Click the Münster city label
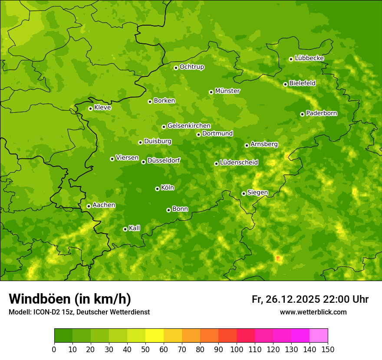(x=227, y=91)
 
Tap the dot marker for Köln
(x=157, y=189)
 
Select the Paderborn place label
(x=322, y=113)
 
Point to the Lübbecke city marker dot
(x=291, y=59)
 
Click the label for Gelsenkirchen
(x=189, y=126)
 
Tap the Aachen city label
(x=104, y=205)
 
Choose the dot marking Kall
(x=125, y=229)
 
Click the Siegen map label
(x=257, y=193)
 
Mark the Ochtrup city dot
(x=176, y=68)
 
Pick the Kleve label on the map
(x=102, y=108)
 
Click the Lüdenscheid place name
(x=239, y=163)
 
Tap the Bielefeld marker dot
(x=285, y=84)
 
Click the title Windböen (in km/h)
(x=70, y=299)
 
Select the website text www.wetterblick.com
(x=313, y=312)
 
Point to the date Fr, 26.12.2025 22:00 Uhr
(x=310, y=299)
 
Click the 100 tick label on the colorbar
(x=237, y=349)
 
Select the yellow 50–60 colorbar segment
(x=155, y=336)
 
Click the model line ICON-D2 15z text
(x=79, y=312)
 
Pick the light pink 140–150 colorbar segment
(x=319, y=336)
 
